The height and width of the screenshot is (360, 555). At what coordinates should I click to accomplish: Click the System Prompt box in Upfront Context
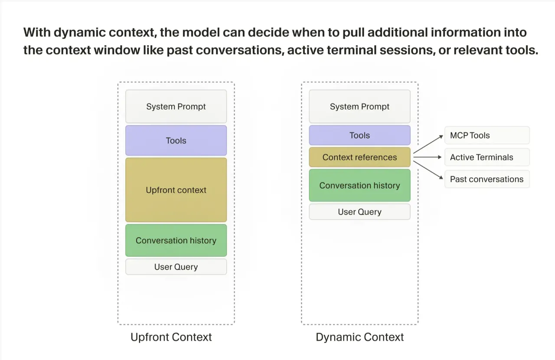coord(176,106)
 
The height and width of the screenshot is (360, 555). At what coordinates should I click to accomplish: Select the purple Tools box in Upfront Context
coord(176,141)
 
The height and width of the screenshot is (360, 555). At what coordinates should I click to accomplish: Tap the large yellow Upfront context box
coord(176,190)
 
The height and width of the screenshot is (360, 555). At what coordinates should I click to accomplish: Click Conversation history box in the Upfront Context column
coord(176,240)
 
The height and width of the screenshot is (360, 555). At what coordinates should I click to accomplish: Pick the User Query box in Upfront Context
coord(176,267)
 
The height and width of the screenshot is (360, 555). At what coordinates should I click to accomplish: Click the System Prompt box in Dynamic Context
coord(359,106)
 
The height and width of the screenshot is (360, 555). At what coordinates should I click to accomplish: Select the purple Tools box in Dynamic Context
coord(359,135)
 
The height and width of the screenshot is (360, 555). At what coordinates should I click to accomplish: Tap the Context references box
coord(359,157)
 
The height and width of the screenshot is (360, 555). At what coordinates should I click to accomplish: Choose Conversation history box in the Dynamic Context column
coord(359,185)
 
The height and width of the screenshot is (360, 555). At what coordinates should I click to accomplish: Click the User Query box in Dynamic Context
coord(359,212)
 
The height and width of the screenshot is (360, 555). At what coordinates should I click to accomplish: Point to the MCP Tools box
coord(487,135)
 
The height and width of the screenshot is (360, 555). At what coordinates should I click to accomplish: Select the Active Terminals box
coord(487,157)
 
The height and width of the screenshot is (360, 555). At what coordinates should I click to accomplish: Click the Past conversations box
coord(487,179)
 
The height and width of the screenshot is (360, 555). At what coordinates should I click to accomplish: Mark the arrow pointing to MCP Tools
coord(428,144)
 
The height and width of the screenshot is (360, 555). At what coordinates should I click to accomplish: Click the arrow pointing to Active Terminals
coord(428,157)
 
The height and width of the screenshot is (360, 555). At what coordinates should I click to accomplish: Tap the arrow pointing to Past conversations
coord(428,170)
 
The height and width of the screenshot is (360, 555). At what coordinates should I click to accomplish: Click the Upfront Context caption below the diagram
coord(171,337)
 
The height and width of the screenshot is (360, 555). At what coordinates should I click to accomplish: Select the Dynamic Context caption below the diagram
coord(360,337)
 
